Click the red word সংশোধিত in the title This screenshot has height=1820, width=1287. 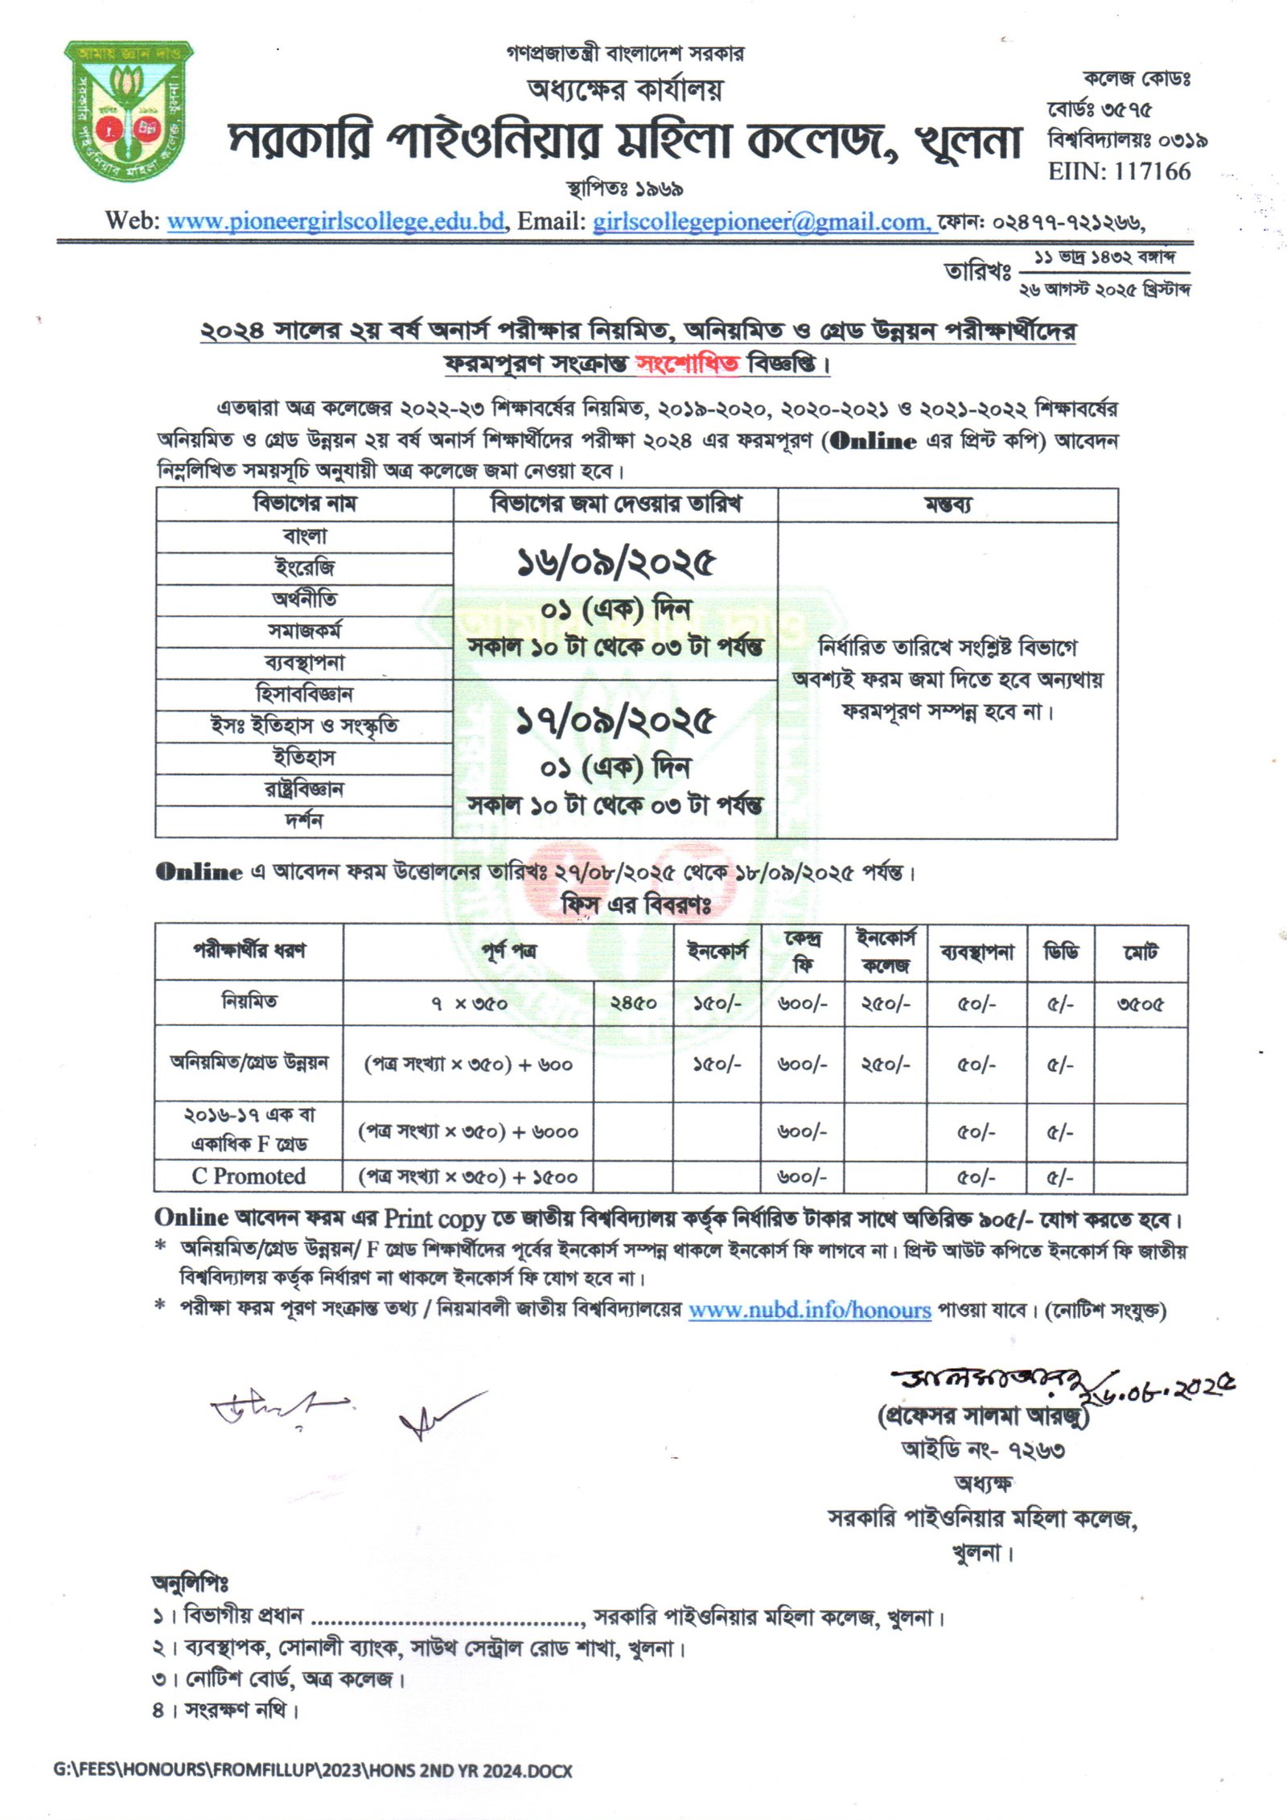[x=687, y=364]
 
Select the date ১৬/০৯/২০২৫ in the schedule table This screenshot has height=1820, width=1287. [x=615, y=562]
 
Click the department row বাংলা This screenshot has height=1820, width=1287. [x=305, y=537]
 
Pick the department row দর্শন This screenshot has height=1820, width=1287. [x=304, y=821]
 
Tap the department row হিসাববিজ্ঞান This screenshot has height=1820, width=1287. [x=304, y=694]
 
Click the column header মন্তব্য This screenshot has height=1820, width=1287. [x=948, y=504]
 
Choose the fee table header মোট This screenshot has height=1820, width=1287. [x=1141, y=953]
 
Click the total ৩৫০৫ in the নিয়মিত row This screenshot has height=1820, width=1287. [x=1141, y=1004]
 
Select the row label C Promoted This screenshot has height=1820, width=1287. [x=249, y=1176]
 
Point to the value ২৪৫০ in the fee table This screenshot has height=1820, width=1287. [x=633, y=1003]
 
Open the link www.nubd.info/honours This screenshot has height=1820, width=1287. [x=809, y=1310]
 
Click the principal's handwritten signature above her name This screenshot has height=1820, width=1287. [x=997, y=1381]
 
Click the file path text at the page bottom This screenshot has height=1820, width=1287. [x=313, y=1771]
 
